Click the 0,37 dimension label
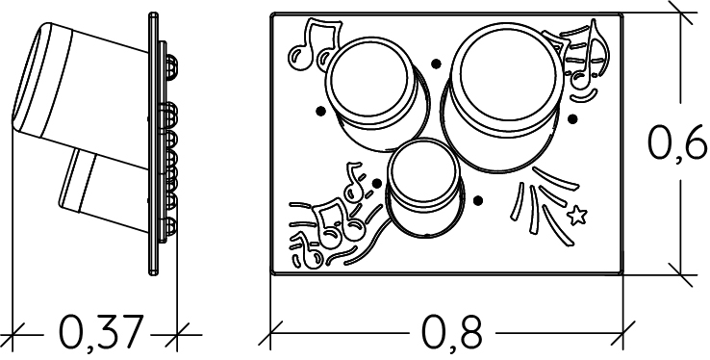[102, 333]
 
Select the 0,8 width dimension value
[451, 333]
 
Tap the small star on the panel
[577, 215]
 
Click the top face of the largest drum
[507, 73]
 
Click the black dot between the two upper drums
[436, 64]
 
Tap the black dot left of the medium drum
[320, 111]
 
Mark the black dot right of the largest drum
[572, 118]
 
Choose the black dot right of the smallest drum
[478, 200]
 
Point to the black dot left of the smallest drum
[377, 183]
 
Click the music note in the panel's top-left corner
[314, 44]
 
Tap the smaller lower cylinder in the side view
[104, 191]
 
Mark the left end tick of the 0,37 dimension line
[13, 335]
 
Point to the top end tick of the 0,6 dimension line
[680, 13]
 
